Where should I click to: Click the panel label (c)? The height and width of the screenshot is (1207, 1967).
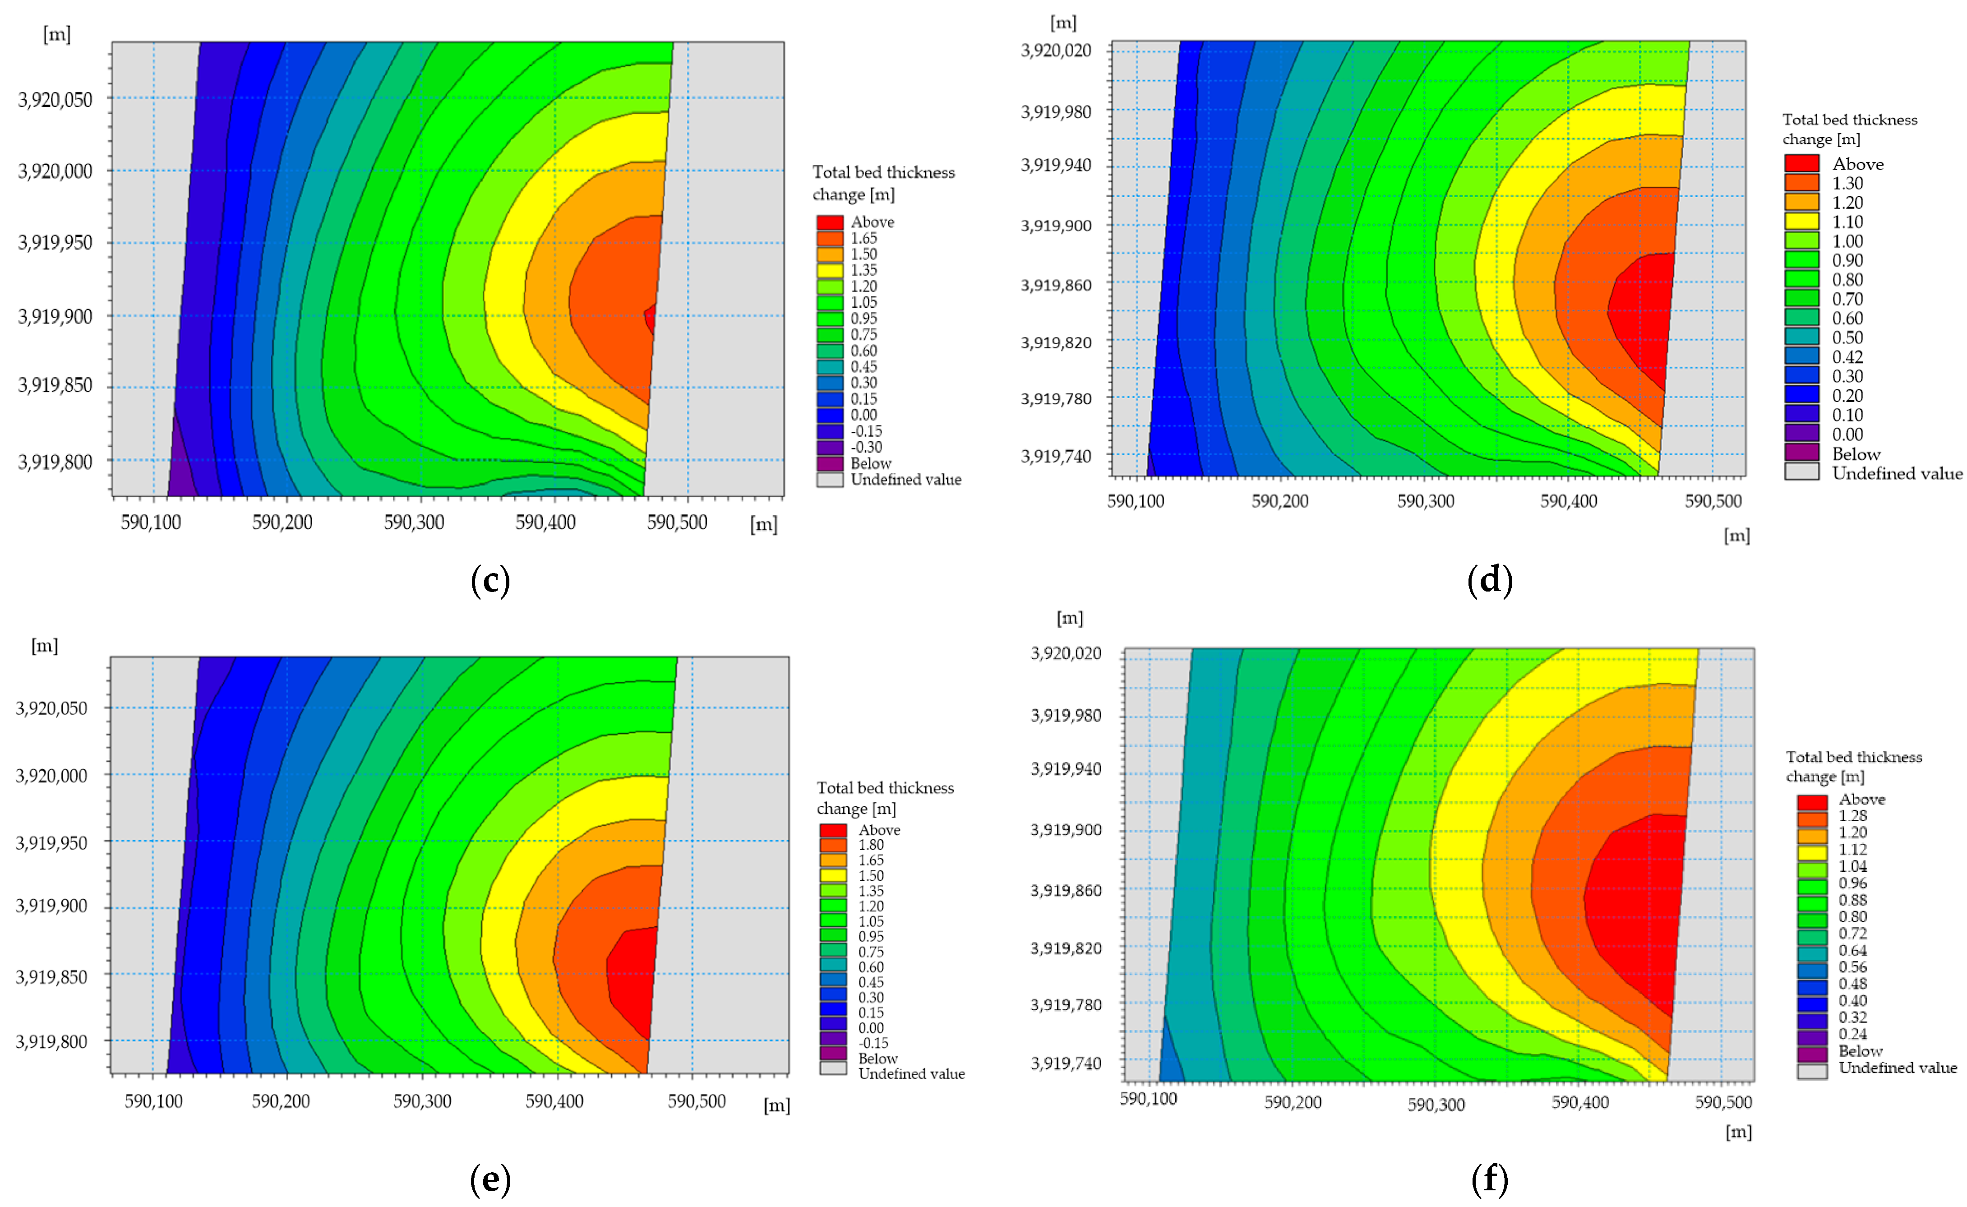tap(490, 580)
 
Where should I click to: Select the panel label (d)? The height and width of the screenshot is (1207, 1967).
tap(1490, 580)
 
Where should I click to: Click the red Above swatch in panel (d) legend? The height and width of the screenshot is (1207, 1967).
tap(1802, 164)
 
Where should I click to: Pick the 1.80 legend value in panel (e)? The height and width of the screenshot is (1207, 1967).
tap(871, 845)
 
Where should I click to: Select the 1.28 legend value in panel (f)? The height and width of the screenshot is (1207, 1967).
tap(1853, 816)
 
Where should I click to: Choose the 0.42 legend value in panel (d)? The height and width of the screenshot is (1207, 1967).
tap(1847, 357)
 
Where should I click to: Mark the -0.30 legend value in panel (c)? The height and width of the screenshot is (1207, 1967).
tap(866, 447)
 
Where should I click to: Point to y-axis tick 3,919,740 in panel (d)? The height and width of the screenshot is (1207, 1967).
tap(1056, 456)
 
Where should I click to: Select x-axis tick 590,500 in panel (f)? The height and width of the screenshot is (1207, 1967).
tap(1723, 1102)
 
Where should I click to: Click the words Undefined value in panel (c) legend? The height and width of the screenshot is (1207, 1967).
tap(905, 480)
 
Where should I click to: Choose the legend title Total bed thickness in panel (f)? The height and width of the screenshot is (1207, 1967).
tap(1854, 757)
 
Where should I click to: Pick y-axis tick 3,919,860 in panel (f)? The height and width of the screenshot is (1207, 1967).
tap(1066, 890)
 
